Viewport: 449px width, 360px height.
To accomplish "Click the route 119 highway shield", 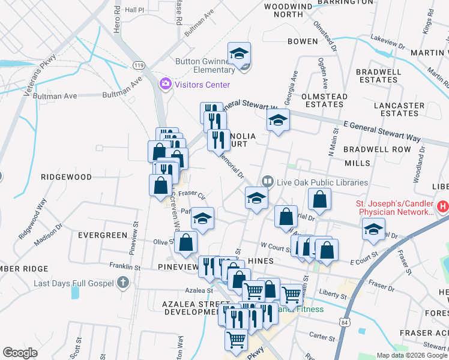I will click(139, 64).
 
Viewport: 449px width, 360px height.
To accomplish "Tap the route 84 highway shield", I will click(343, 324).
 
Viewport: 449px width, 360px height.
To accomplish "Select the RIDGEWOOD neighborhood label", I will click(66, 177).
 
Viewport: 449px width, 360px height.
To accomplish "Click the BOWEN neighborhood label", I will click(303, 41).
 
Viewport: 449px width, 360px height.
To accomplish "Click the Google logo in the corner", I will click(20, 353).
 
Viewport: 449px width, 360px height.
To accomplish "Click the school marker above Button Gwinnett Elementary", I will click(239, 54).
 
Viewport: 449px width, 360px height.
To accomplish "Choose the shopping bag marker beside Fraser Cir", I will click(161, 185).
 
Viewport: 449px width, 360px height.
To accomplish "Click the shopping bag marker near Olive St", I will click(186, 242).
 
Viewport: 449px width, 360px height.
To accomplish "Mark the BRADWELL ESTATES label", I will click(378, 75).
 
